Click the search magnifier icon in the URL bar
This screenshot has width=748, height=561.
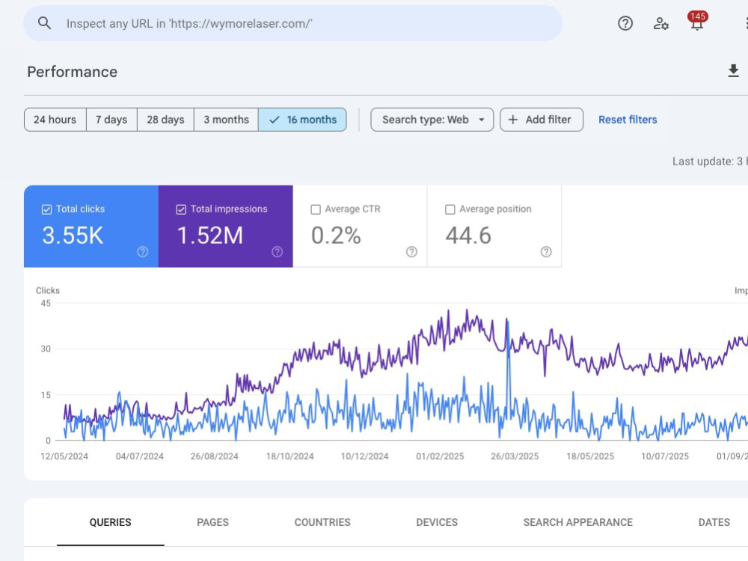click(x=44, y=23)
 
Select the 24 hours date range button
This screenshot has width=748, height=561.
click(x=55, y=120)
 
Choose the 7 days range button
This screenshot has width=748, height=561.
click(x=111, y=120)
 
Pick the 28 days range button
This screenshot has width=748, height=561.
click(x=165, y=120)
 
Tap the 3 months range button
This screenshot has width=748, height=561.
click(x=226, y=120)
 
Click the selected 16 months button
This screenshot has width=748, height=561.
click(x=302, y=120)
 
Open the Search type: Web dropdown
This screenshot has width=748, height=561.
click(x=432, y=120)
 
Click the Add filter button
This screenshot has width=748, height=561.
click(x=542, y=120)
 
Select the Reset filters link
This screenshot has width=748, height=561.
click(x=628, y=120)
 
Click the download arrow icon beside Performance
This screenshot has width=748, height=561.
click(x=733, y=71)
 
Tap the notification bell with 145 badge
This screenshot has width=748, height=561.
click(x=697, y=22)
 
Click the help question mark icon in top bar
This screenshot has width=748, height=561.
click(x=625, y=23)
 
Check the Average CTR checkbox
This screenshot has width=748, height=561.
click(x=316, y=209)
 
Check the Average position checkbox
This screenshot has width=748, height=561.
click(x=450, y=209)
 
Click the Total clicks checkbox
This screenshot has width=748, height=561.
click(x=46, y=209)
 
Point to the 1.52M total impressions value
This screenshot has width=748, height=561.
click(x=210, y=236)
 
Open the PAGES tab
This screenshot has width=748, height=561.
click(x=212, y=522)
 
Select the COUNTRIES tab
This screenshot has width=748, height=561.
click(x=322, y=522)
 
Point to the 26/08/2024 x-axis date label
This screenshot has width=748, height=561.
click(x=215, y=456)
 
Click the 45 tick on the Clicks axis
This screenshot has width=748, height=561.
click(x=46, y=303)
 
